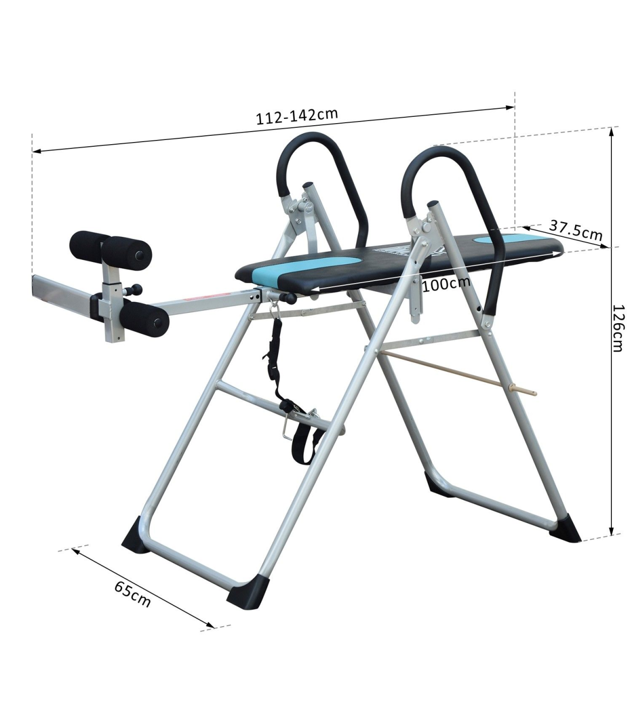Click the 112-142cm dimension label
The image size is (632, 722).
(297, 116)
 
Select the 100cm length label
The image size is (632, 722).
(446, 284)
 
